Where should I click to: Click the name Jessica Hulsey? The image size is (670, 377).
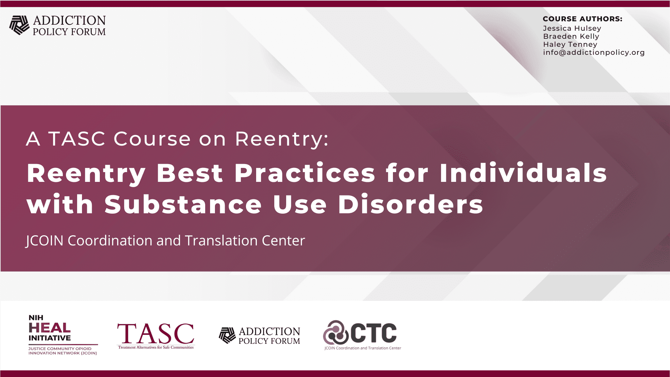click(x=572, y=28)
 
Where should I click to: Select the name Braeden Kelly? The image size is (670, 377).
click(x=571, y=36)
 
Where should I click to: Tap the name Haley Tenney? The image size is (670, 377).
click(x=570, y=44)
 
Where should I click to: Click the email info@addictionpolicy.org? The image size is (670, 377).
click(x=594, y=52)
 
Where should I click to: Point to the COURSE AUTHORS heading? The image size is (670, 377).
click(x=582, y=19)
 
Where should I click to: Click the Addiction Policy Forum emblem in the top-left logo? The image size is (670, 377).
click(x=19, y=25)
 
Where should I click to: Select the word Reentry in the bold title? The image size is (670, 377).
click(x=86, y=173)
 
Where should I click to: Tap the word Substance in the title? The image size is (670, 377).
click(x=183, y=204)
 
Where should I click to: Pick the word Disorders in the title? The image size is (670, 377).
click(x=410, y=204)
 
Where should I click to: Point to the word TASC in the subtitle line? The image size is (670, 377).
click(x=77, y=139)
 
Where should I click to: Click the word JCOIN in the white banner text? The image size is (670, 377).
click(x=45, y=241)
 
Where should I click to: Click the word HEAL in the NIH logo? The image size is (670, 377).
click(x=50, y=328)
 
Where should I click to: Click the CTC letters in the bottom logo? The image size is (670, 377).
click(x=373, y=333)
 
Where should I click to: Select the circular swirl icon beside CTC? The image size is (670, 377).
click(x=335, y=332)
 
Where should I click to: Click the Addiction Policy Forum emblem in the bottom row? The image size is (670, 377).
click(x=227, y=335)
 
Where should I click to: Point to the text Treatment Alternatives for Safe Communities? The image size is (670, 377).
click(x=156, y=347)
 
